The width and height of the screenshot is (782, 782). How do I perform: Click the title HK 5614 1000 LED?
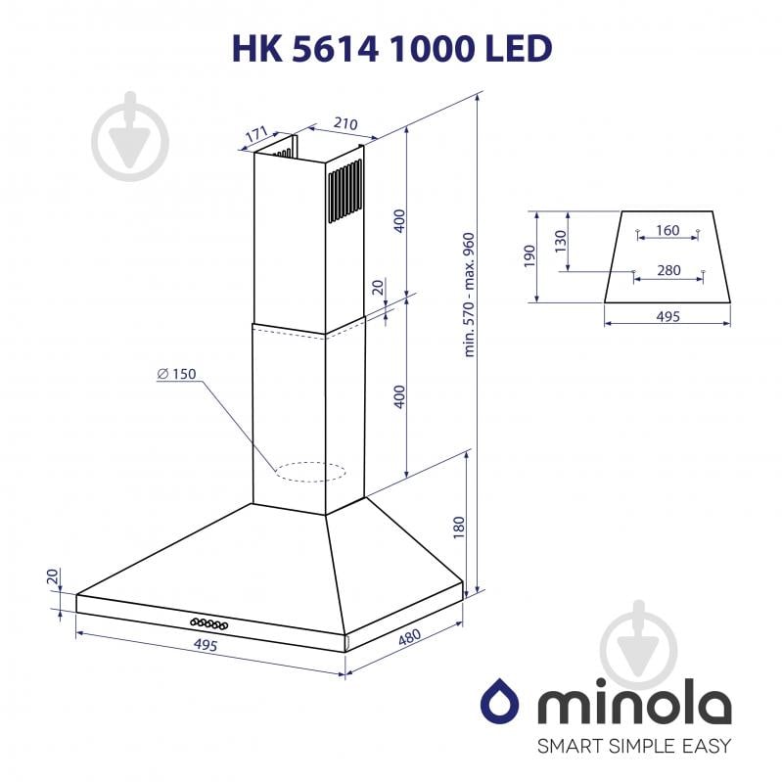391,47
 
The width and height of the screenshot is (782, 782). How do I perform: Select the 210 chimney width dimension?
344,124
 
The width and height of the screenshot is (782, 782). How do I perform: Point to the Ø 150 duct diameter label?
176,374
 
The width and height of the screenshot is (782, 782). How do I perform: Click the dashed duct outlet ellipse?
311,473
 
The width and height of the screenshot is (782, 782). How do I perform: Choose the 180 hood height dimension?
457,529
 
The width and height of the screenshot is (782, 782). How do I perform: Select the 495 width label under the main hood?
205,645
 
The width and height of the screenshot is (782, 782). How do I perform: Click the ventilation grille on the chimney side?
344,181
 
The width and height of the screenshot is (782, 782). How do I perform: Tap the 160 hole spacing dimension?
667,231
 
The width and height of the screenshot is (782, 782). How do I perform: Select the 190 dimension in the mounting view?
529,256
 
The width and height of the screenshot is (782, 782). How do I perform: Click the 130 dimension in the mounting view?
560,242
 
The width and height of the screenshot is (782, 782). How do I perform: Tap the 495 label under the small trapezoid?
667,316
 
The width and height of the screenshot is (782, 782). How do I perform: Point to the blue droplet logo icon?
496,702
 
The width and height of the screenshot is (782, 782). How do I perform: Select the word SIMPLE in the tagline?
634,747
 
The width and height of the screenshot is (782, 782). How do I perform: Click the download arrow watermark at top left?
130,136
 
